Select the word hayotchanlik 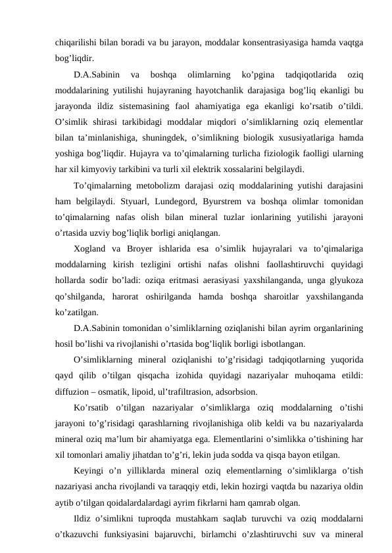coord(225,88)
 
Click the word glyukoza coord(347,278)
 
